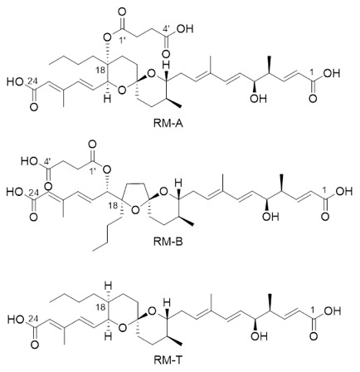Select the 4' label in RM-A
pyautogui.click(x=166, y=27)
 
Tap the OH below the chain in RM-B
pyautogui.click(x=270, y=217)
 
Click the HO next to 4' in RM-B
pyautogui.click(x=28, y=161)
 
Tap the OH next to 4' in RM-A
pyautogui.click(x=184, y=29)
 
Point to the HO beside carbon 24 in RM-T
pyautogui.click(x=15, y=320)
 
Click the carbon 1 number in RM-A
pyautogui.click(x=312, y=71)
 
